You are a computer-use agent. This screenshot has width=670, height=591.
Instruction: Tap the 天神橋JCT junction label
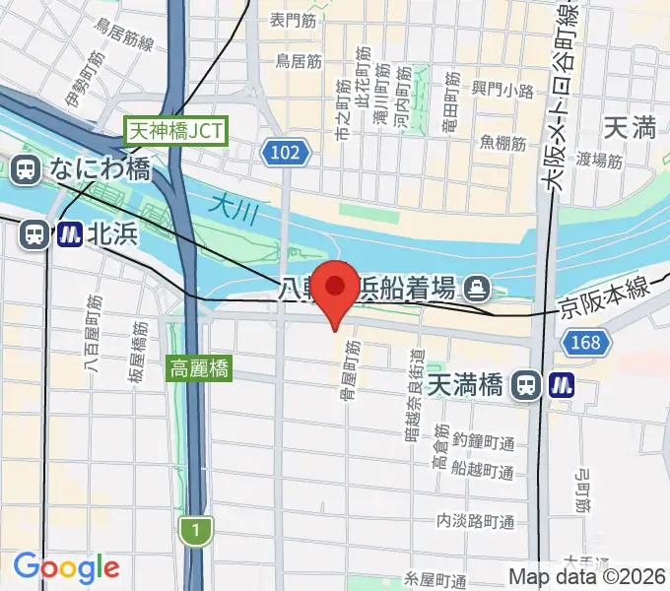pyautogui.click(x=177, y=129)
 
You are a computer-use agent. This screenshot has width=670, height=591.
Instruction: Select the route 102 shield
pyautogui.click(x=287, y=152)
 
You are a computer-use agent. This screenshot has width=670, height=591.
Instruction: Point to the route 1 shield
pyautogui.click(x=196, y=531)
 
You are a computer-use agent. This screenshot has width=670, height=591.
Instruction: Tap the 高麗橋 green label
pyautogui.click(x=200, y=369)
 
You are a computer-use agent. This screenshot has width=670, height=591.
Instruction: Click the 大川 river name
pyautogui.click(x=233, y=206)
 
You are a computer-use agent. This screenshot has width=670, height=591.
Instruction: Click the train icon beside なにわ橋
pyautogui.click(x=27, y=169)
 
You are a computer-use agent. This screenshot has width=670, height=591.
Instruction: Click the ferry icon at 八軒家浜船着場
pyautogui.click(x=478, y=288)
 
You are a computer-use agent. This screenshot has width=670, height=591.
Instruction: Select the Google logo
pyautogui.click(x=66, y=567)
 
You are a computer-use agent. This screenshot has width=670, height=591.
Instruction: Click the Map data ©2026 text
pyautogui.click(x=587, y=576)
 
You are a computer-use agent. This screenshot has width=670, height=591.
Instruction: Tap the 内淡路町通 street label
pyautogui.click(x=477, y=520)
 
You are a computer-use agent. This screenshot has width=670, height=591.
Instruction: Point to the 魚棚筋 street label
pyautogui.click(x=502, y=143)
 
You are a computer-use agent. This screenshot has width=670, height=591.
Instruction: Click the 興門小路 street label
pyautogui.click(x=502, y=90)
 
